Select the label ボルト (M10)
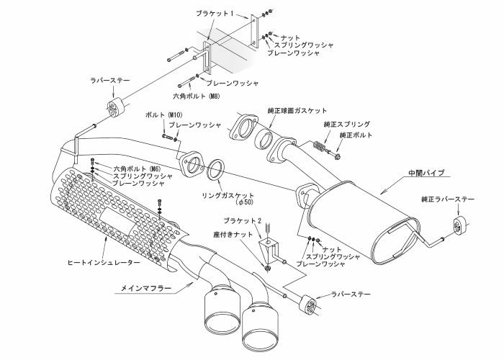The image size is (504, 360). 161,115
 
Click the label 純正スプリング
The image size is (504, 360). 347,125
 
